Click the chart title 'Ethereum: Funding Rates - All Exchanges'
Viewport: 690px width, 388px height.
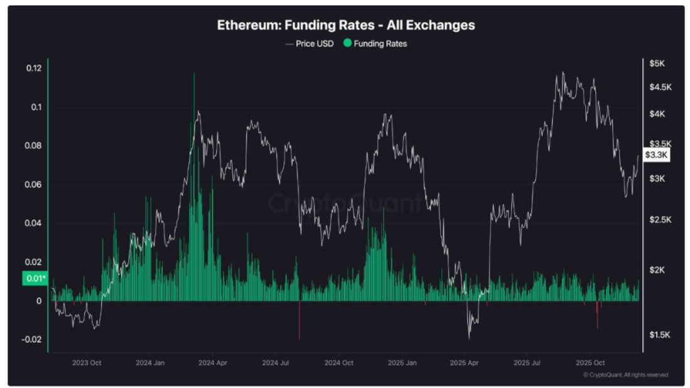(345, 26)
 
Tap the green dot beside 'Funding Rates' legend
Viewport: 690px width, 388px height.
(347, 43)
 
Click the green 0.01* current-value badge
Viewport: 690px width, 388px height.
(35, 278)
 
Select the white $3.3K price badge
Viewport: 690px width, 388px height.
(657, 154)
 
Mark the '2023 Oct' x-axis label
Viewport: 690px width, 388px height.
(87, 363)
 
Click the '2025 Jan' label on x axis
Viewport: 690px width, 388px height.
(402, 363)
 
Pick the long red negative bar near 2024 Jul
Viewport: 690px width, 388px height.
(299, 321)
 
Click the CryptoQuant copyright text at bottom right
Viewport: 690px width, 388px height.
(625, 375)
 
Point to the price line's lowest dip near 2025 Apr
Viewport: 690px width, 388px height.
(469, 337)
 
